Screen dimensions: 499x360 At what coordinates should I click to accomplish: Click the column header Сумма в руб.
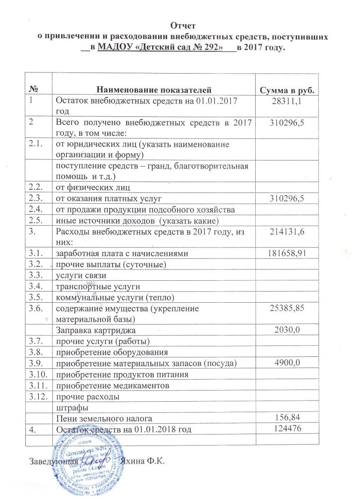286,90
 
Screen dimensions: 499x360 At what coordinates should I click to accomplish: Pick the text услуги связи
78,275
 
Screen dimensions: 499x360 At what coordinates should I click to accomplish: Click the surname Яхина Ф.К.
142,462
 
